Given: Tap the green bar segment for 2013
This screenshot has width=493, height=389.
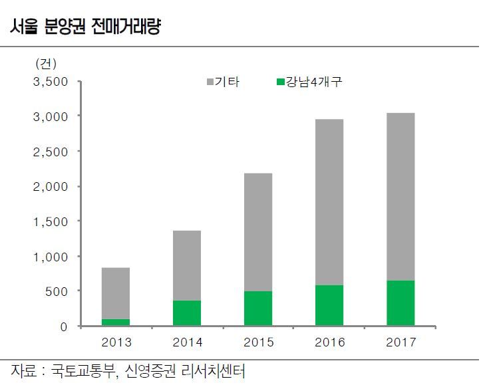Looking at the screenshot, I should (x=116, y=323).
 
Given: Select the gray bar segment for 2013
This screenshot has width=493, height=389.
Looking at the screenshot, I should (x=116, y=293).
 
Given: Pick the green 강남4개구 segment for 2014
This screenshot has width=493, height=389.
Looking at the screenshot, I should (x=187, y=313).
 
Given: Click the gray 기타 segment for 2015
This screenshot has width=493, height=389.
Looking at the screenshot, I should (x=257, y=232).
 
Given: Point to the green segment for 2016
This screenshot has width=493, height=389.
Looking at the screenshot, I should (x=329, y=306).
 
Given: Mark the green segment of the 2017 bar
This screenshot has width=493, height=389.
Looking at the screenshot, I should (x=400, y=303).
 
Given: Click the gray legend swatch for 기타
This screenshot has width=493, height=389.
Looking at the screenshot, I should (x=210, y=82).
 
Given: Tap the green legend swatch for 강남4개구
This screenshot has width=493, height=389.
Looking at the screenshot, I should (x=280, y=82).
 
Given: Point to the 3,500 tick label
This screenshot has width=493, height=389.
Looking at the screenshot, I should (x=51, y=82).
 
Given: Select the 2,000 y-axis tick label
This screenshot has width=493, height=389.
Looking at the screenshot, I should (x=51, y=187).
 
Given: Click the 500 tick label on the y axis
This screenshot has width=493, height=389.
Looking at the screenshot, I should (x=57, y=291).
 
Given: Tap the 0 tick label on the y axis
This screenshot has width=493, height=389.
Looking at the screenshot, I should (x=65, y=326).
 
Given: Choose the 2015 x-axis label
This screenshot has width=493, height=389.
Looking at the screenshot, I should (x=257, y=342).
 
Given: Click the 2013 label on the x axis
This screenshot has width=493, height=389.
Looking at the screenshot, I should (x=116, y=342).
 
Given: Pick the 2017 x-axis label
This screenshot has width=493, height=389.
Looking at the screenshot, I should (x=400, y=342).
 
